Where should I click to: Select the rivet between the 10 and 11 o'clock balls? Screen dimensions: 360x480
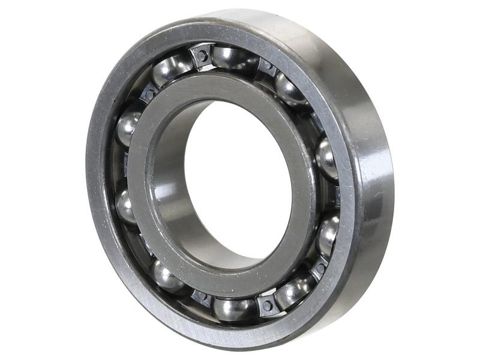tap(148, 94)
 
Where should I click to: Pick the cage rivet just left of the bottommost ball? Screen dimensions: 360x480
tap(201, 295)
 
